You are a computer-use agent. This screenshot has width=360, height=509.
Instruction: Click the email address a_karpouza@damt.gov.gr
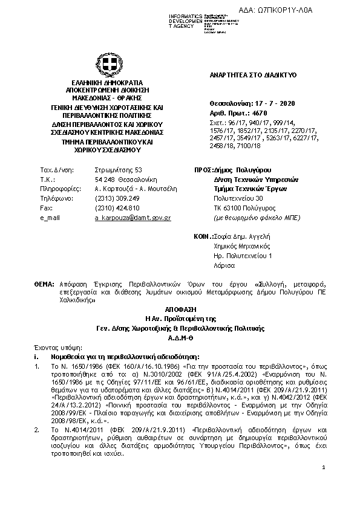133,217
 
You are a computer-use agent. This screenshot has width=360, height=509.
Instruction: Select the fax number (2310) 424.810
117,207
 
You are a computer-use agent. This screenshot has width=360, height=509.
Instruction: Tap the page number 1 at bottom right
324,484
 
